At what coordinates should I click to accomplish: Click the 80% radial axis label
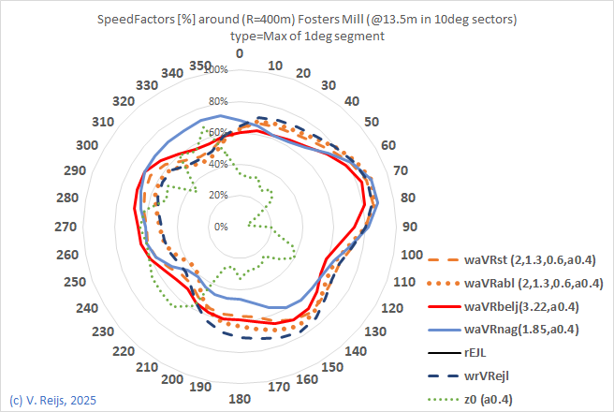(x=218, y=102)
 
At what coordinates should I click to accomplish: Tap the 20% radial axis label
(x=218, y=196)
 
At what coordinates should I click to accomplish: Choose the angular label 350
(x=199, y=65)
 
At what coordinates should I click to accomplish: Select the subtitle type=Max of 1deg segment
(x=306, y=36)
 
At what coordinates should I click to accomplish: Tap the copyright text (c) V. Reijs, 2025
(x=52, y=401)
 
